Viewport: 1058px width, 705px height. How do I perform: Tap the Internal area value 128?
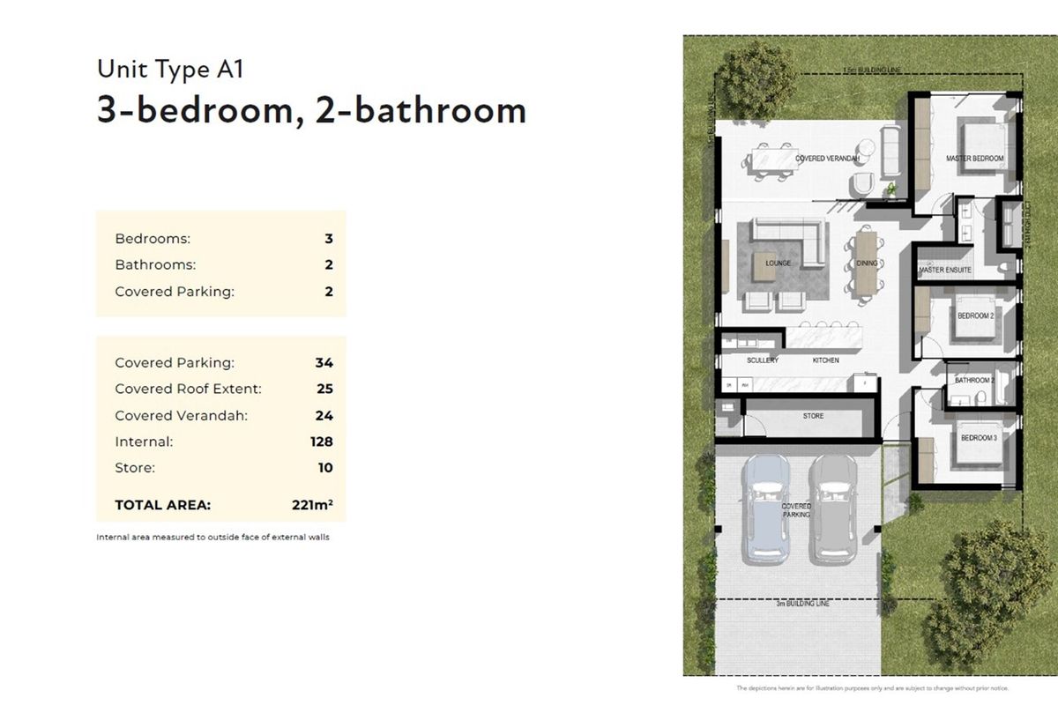point(321,442)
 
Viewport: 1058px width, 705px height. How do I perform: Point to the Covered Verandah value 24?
point(324,415)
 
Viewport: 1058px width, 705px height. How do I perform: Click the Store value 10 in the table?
point(324,468)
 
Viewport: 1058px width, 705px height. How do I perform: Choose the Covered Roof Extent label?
point(188,389)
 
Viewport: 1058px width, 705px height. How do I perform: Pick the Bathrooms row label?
point(155,264)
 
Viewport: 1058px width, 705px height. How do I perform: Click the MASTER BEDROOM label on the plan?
point(974,159)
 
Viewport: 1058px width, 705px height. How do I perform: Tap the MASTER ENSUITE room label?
point(945,270)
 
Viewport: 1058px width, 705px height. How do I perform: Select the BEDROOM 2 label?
point(975,315)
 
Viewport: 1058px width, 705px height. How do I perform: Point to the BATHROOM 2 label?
point(974,381)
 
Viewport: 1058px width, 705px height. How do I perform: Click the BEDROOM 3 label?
point(978,438)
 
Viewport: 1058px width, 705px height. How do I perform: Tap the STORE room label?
point(813,415)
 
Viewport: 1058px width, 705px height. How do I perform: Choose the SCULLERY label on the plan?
point(762,360)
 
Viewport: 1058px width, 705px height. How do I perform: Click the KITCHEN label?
point(825,360)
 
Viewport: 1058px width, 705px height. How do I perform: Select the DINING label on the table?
point(867,263)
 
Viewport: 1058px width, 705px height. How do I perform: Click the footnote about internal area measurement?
point(212,537)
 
